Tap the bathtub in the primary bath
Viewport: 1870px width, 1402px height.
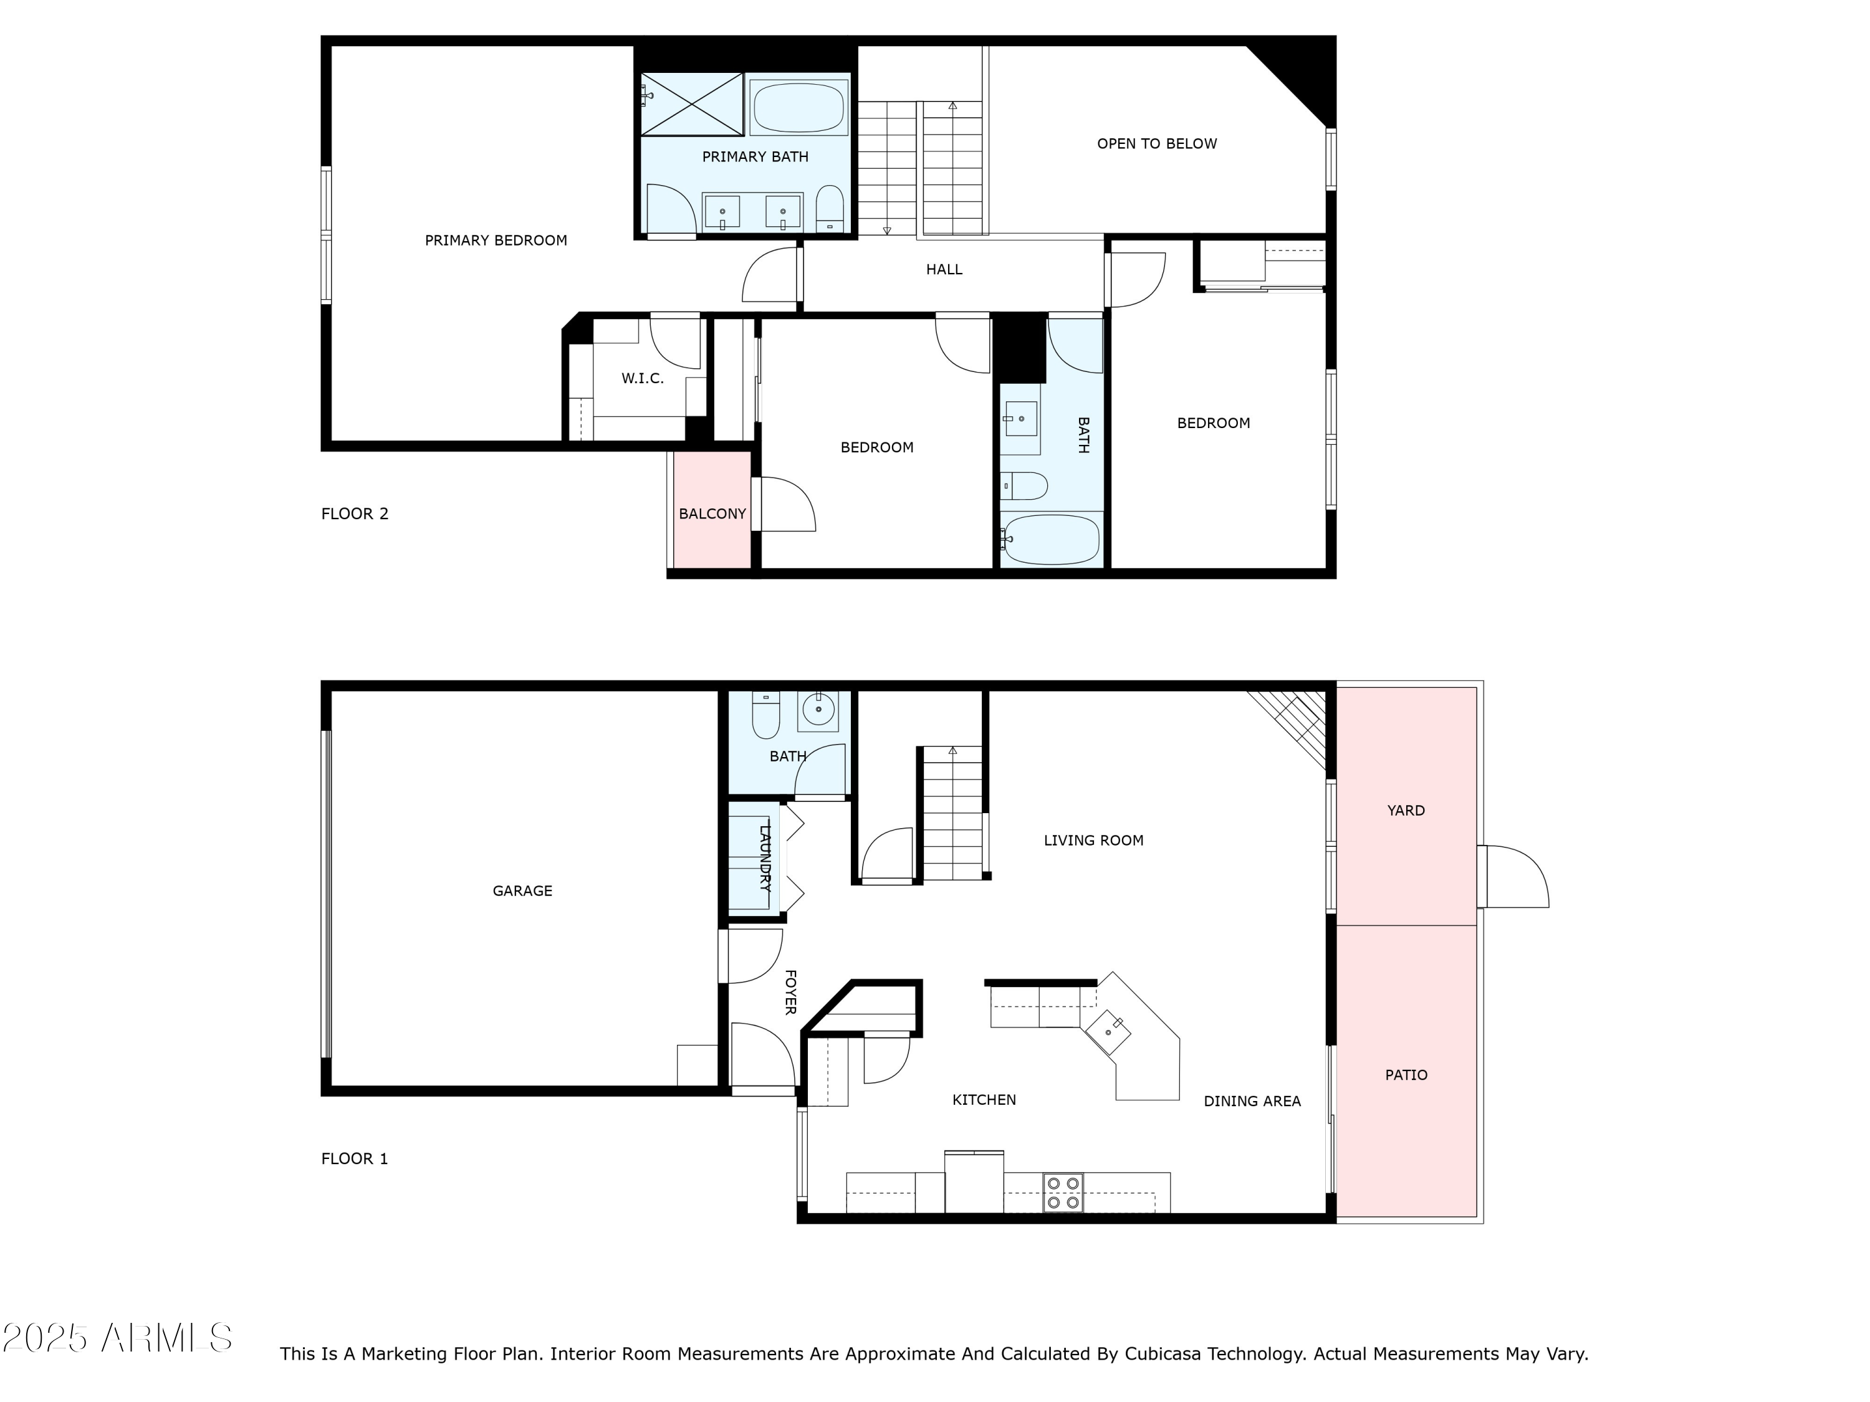[798, 107]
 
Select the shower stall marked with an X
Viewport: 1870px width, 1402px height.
[691, 104]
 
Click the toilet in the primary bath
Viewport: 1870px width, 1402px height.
[829, 209]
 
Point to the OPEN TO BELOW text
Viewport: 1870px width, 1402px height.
[1156, 145]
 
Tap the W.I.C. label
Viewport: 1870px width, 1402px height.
[643, 379]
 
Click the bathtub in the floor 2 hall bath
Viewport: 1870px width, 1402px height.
[1052, 539]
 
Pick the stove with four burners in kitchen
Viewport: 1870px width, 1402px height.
[1063, 1191]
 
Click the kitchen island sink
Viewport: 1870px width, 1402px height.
[1108, 1032]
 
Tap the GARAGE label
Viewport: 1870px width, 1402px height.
[522, 890]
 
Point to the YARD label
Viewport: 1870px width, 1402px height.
[1405, 811]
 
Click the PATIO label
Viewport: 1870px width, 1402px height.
[1405, 1075]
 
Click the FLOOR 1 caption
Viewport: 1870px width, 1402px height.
[354, 1158]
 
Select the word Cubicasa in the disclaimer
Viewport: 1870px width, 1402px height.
[1163, 1354]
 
